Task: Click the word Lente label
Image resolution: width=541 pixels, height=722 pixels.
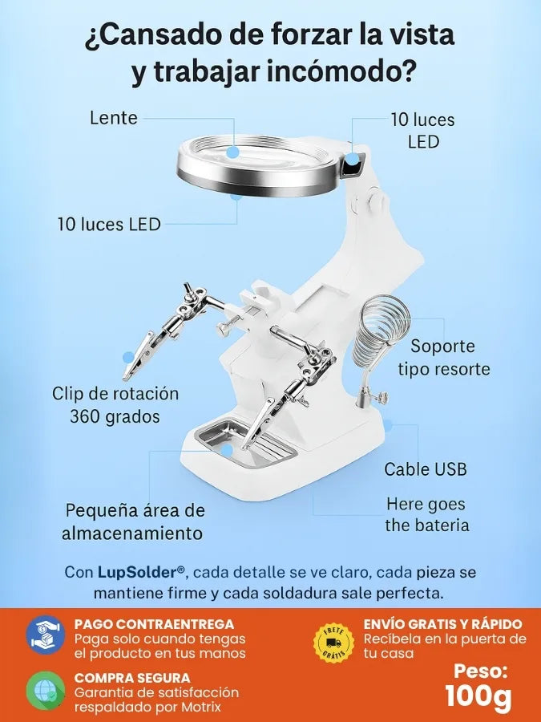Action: click(114, 117)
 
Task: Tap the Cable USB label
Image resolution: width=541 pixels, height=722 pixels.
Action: click(426, 469)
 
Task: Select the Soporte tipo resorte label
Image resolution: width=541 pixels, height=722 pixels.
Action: click(443, 357)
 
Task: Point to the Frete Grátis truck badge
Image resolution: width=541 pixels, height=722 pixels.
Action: click(333, 643)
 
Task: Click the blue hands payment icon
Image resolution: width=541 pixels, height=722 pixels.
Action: click(46, 635)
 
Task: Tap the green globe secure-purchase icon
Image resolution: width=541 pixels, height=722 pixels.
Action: click(46, 690)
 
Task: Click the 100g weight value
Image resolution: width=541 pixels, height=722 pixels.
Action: click(478, 696)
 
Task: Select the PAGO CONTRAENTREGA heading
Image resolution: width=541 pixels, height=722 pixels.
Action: click(154, 624)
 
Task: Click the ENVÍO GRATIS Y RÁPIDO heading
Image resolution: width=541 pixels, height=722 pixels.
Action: click(443, 624)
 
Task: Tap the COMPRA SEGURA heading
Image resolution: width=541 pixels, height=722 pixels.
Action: click(132, 678)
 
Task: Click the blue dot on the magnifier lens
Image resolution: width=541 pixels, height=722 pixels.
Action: click(233, 152)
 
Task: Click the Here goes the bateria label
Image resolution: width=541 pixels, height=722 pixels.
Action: click(427, 515)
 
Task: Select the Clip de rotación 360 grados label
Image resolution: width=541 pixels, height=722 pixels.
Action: click(115, 405)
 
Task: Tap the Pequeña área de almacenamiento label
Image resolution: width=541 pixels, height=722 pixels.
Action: click(133, 521)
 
